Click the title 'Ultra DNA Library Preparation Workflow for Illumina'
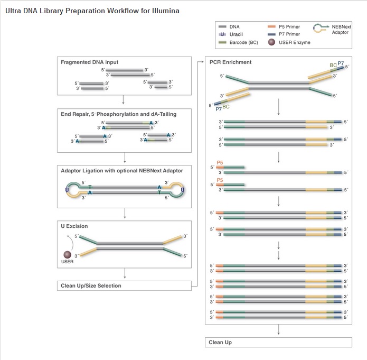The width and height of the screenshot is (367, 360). point(92,11)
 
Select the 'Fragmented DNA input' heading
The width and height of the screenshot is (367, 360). point(90,62)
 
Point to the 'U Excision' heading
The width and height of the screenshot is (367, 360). point(74,226)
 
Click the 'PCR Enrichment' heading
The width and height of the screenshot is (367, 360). point(231,62)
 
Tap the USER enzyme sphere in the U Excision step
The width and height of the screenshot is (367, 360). point(67,255)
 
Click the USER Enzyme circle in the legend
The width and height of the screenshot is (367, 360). point(271,42)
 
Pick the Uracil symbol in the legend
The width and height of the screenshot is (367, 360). point(222,34)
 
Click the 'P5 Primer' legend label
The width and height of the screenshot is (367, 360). point(293,25)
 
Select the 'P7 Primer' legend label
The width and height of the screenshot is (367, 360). point(293,34)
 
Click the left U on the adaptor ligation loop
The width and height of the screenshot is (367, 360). point(67,189)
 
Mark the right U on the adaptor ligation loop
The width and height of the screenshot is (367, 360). point(183,189)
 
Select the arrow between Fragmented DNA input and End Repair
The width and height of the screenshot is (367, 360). point(123,99)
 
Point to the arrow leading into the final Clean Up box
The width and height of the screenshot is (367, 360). point(278,330)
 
